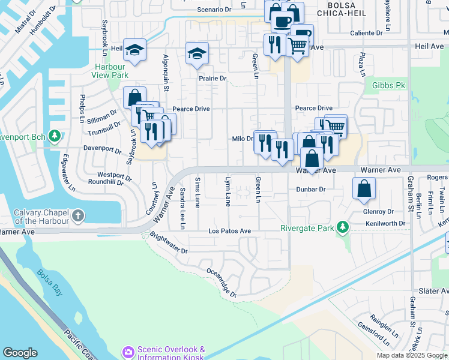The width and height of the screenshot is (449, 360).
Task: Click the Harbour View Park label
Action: pyautogui.click(x=110, y=71)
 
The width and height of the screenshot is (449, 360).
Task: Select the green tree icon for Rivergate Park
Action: pyautogui.click(x=342, y=227)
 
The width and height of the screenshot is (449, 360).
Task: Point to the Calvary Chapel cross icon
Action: pyautogui.click(x=78, y=215)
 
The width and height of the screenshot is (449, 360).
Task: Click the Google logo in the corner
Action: pyautogui.click(x=20, y=353)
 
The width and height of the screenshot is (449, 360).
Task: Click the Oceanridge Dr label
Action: pyautogui.click(x=221, y=283)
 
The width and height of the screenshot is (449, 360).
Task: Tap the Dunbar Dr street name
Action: pyautogui.click(x=310, y=189)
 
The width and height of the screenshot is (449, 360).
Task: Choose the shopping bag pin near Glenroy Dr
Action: pyautogui.click(x=364, y=188)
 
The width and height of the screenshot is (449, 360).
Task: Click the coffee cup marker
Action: pyautogui.click(x=282, y=21)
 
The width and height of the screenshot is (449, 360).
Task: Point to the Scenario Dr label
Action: pyautogui.click(x=214, y=10)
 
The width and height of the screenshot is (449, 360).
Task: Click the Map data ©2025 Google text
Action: pyautogui.click(x=412, y=355)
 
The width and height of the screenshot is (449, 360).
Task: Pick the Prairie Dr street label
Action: pyautogui.click(x=213, y=79)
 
